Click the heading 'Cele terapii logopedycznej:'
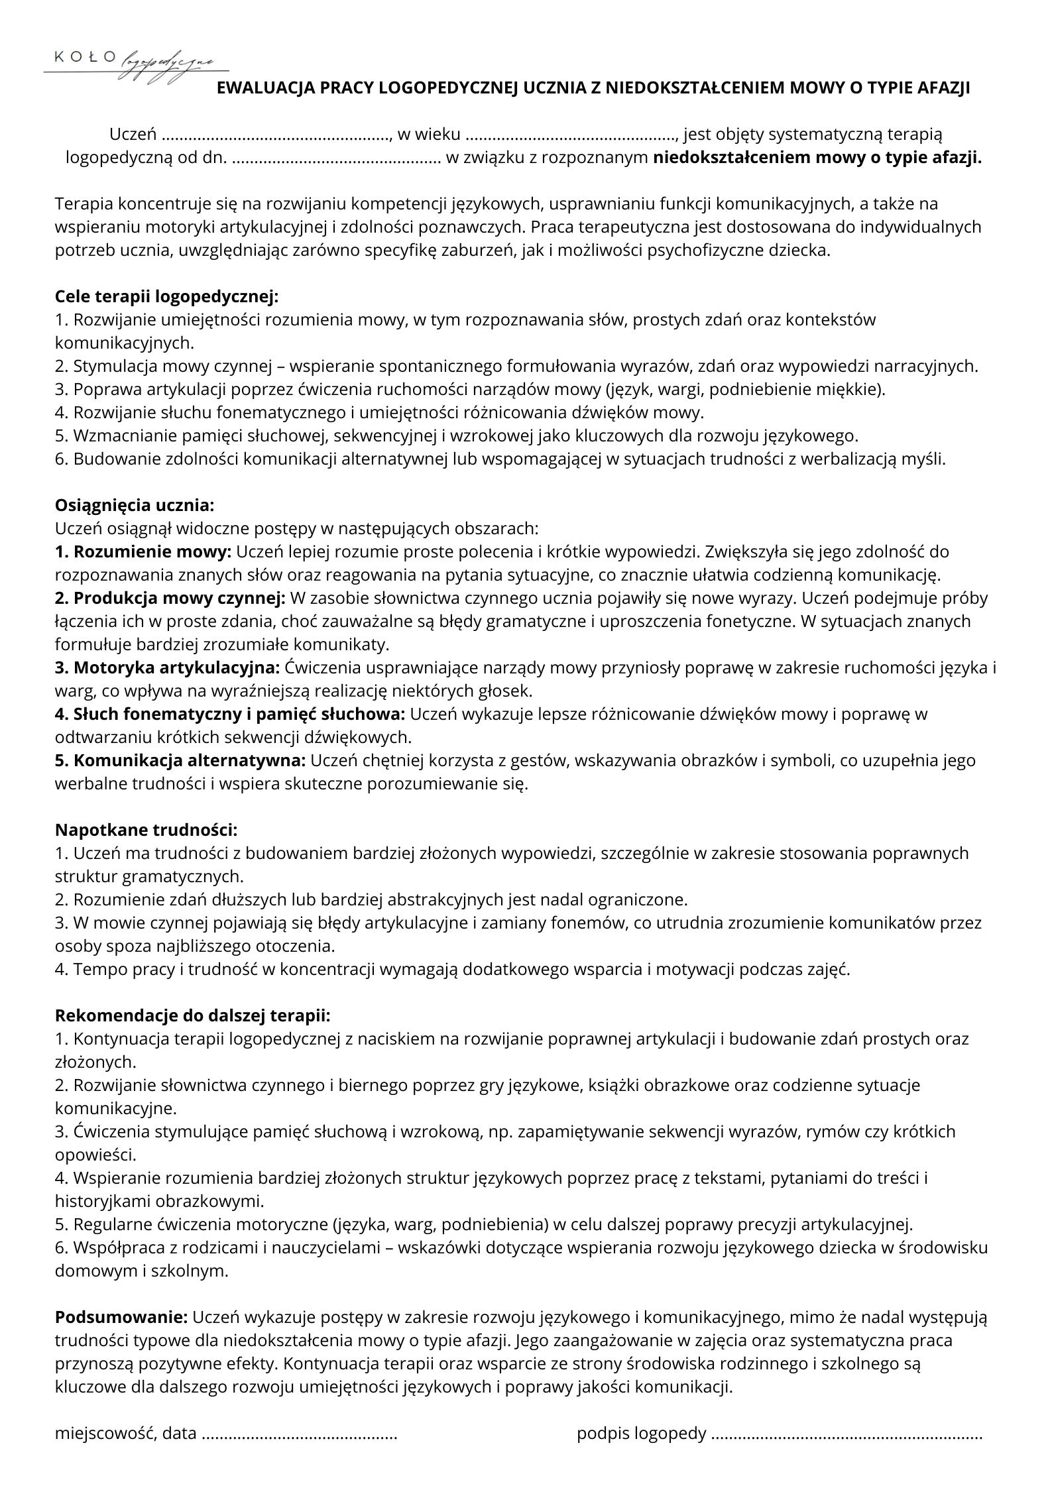pyautogui.click(x=167, y=296)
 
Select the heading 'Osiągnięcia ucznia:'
pyautogui.click(x=135, y=505)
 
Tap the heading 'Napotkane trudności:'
pyautogui.click(x=146, y=830)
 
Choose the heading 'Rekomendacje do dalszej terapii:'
pyautogui.click(x=192, y=1015)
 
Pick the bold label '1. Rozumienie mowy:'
pyautogui.click(x=143, y=551)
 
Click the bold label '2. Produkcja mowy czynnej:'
pyautogui.click(x=170, y=598)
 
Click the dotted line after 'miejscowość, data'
pyautogui.click(x=299, y=1434)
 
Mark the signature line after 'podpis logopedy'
pyautogui.click(x=846, y=1434)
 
